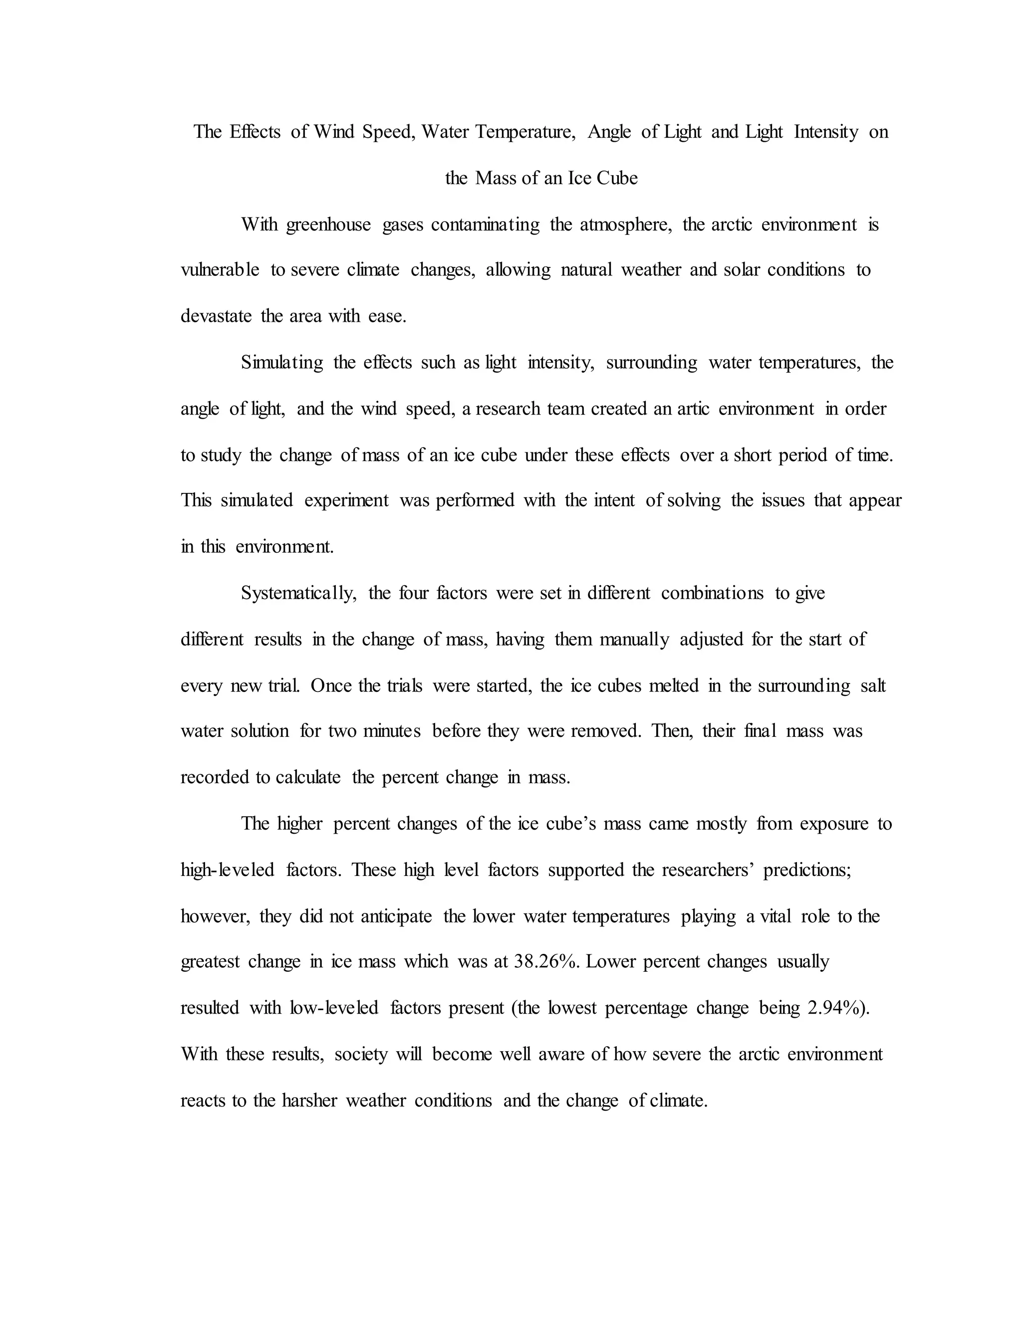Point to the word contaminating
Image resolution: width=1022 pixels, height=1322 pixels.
click(485, 224)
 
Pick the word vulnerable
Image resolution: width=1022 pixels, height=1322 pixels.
click(220, 270)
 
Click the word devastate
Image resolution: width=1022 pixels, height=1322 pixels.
click(216, 316)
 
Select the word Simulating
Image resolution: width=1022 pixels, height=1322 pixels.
click(281, 363)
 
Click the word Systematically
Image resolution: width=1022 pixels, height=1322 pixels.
click(297, 593)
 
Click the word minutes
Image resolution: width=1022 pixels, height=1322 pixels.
click(392, 731)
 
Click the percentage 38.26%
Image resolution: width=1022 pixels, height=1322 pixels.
click(545, 962)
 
